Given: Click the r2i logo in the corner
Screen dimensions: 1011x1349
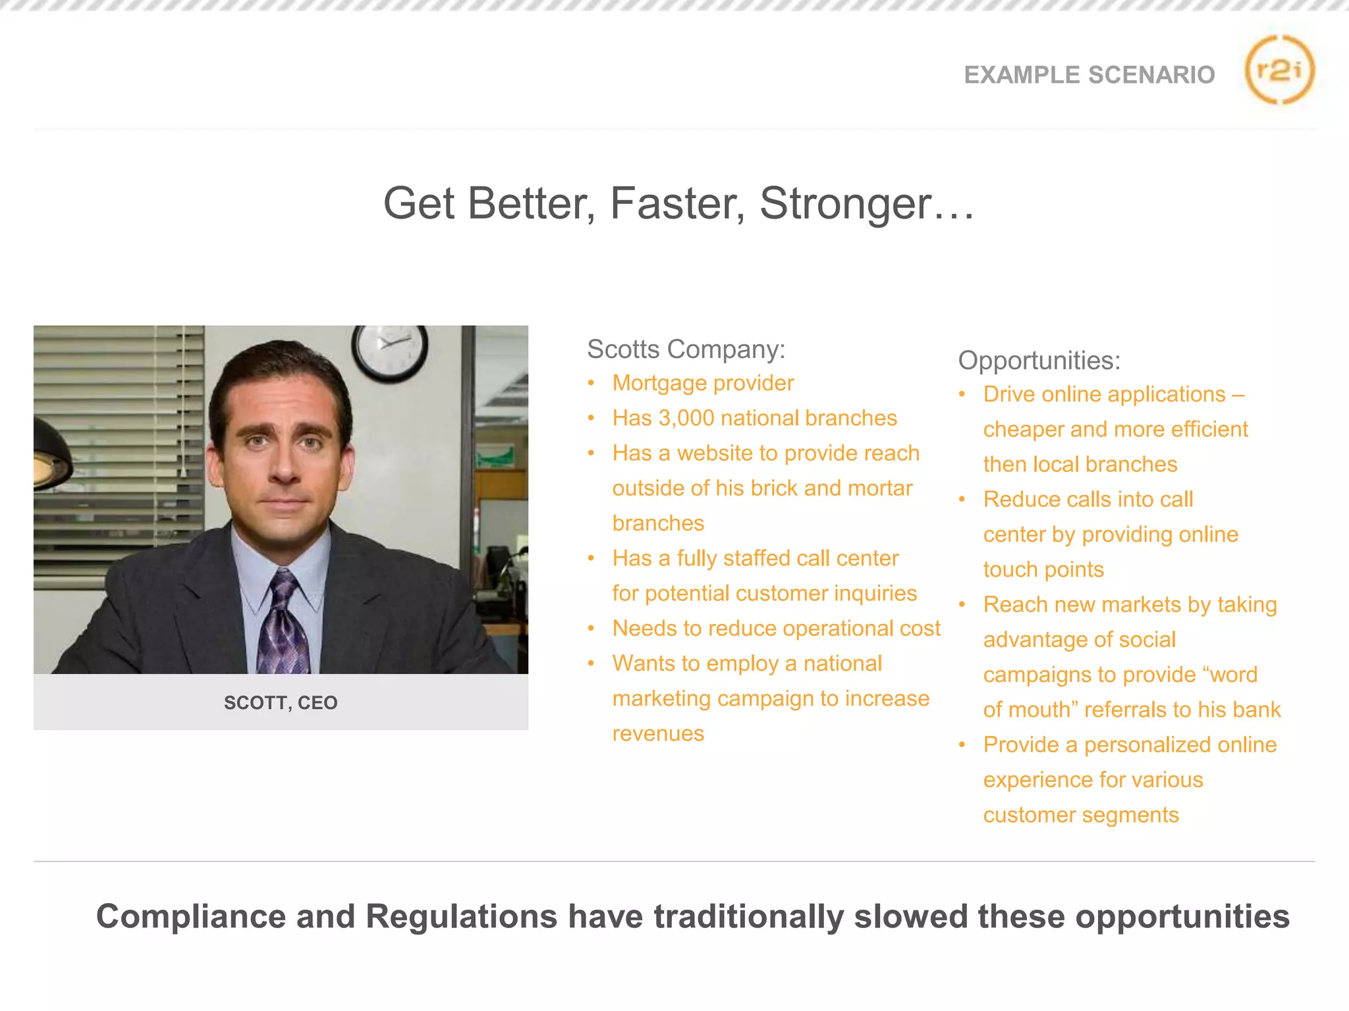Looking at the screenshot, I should click(1279, 70).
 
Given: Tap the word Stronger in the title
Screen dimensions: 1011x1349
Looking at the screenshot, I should click(846, 203).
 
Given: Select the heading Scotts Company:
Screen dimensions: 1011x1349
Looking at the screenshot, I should click(686, 349).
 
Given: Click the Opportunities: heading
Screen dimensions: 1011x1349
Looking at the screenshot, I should click(1039, 360).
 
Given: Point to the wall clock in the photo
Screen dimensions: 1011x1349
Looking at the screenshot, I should click(389, 351).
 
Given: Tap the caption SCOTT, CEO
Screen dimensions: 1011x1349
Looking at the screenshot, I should click(281, 702).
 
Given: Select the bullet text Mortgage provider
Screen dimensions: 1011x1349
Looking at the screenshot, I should click(703, 383).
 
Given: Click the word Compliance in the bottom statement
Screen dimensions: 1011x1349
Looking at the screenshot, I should click(191, 916).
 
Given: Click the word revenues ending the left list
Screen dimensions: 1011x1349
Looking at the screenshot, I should click(658, 733).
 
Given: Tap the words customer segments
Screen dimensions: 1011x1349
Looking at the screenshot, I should click(1080, 815).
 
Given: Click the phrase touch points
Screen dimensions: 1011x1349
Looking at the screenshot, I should click(1043, 569).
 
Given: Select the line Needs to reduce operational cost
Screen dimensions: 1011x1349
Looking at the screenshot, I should click(776, 629).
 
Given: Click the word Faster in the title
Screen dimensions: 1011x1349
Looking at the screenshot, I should click(677, 203).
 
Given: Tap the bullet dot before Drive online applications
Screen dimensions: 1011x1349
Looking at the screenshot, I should click(962, 394).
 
